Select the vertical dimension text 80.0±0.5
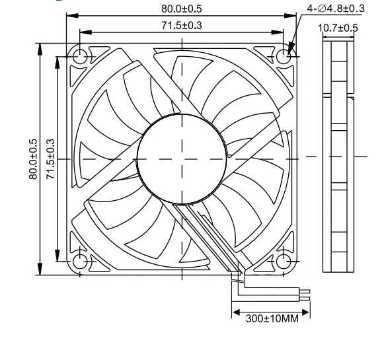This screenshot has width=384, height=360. (34, 159)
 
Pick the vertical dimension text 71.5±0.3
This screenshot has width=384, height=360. (51, 159)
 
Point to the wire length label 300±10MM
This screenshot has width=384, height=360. (272, 318)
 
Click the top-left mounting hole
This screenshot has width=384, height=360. (79, 57)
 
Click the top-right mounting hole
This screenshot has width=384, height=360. (284, 57)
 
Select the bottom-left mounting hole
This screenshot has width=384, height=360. (79, 261)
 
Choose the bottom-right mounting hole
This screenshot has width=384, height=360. (284, 261)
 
